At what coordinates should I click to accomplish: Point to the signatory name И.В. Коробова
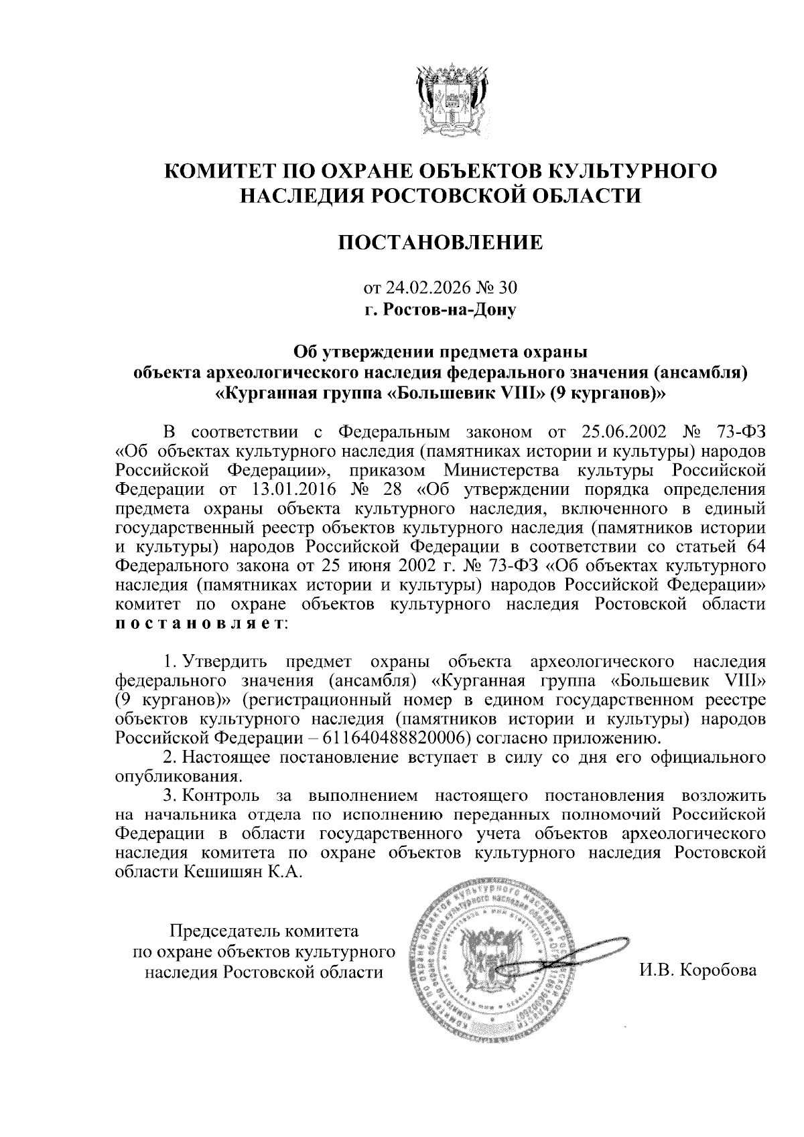tap(697, 970)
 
